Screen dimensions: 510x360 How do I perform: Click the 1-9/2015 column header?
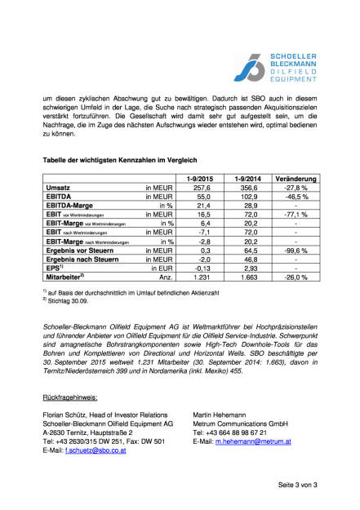201,178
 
